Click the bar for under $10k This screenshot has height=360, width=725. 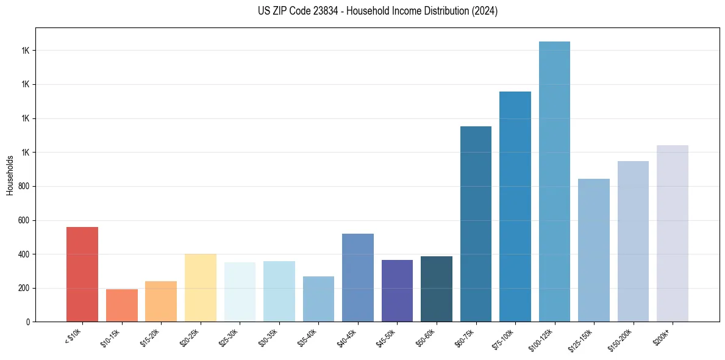pos(82,274)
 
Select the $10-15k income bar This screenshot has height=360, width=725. pos(121,305)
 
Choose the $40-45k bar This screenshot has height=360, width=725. pos(358,278)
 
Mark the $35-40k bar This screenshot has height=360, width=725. pos(318,299)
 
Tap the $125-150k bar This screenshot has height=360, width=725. pos(594,250)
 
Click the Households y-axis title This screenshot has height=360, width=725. pos(10,175)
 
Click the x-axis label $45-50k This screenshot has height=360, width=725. pos(387,337)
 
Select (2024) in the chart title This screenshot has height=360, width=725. pos(485,11)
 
